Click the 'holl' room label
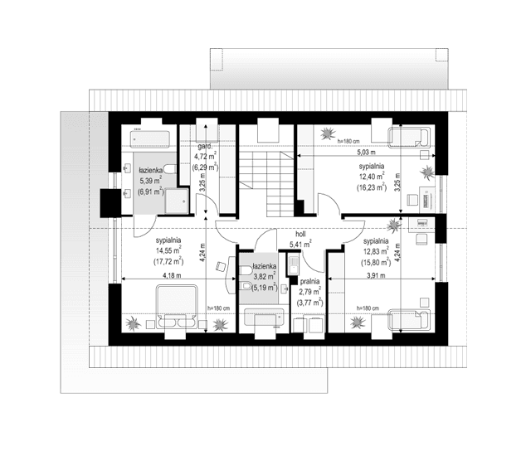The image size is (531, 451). click(300, 234)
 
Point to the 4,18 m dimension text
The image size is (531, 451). click(172, 274)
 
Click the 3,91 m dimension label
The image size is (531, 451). click(378, 274)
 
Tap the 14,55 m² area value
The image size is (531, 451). click(168, 251)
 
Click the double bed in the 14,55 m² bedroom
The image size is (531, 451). click(176, 305)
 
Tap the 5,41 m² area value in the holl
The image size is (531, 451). click(300, 245)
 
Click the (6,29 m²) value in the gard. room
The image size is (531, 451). click(205, 167)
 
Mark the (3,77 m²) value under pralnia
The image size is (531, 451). click(310, 303)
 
